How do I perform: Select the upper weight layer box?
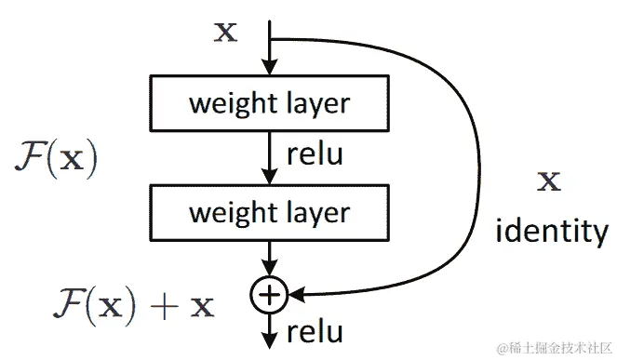pos(269,103)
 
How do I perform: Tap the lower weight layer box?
pos(269,212)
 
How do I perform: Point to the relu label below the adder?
pos(315,331)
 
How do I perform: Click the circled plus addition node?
pos(269,296)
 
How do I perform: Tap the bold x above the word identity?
pos(551,180)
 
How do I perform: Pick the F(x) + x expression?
pos(133,304)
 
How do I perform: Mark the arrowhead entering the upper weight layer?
pos(269,69)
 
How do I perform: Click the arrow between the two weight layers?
pos(269,158)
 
